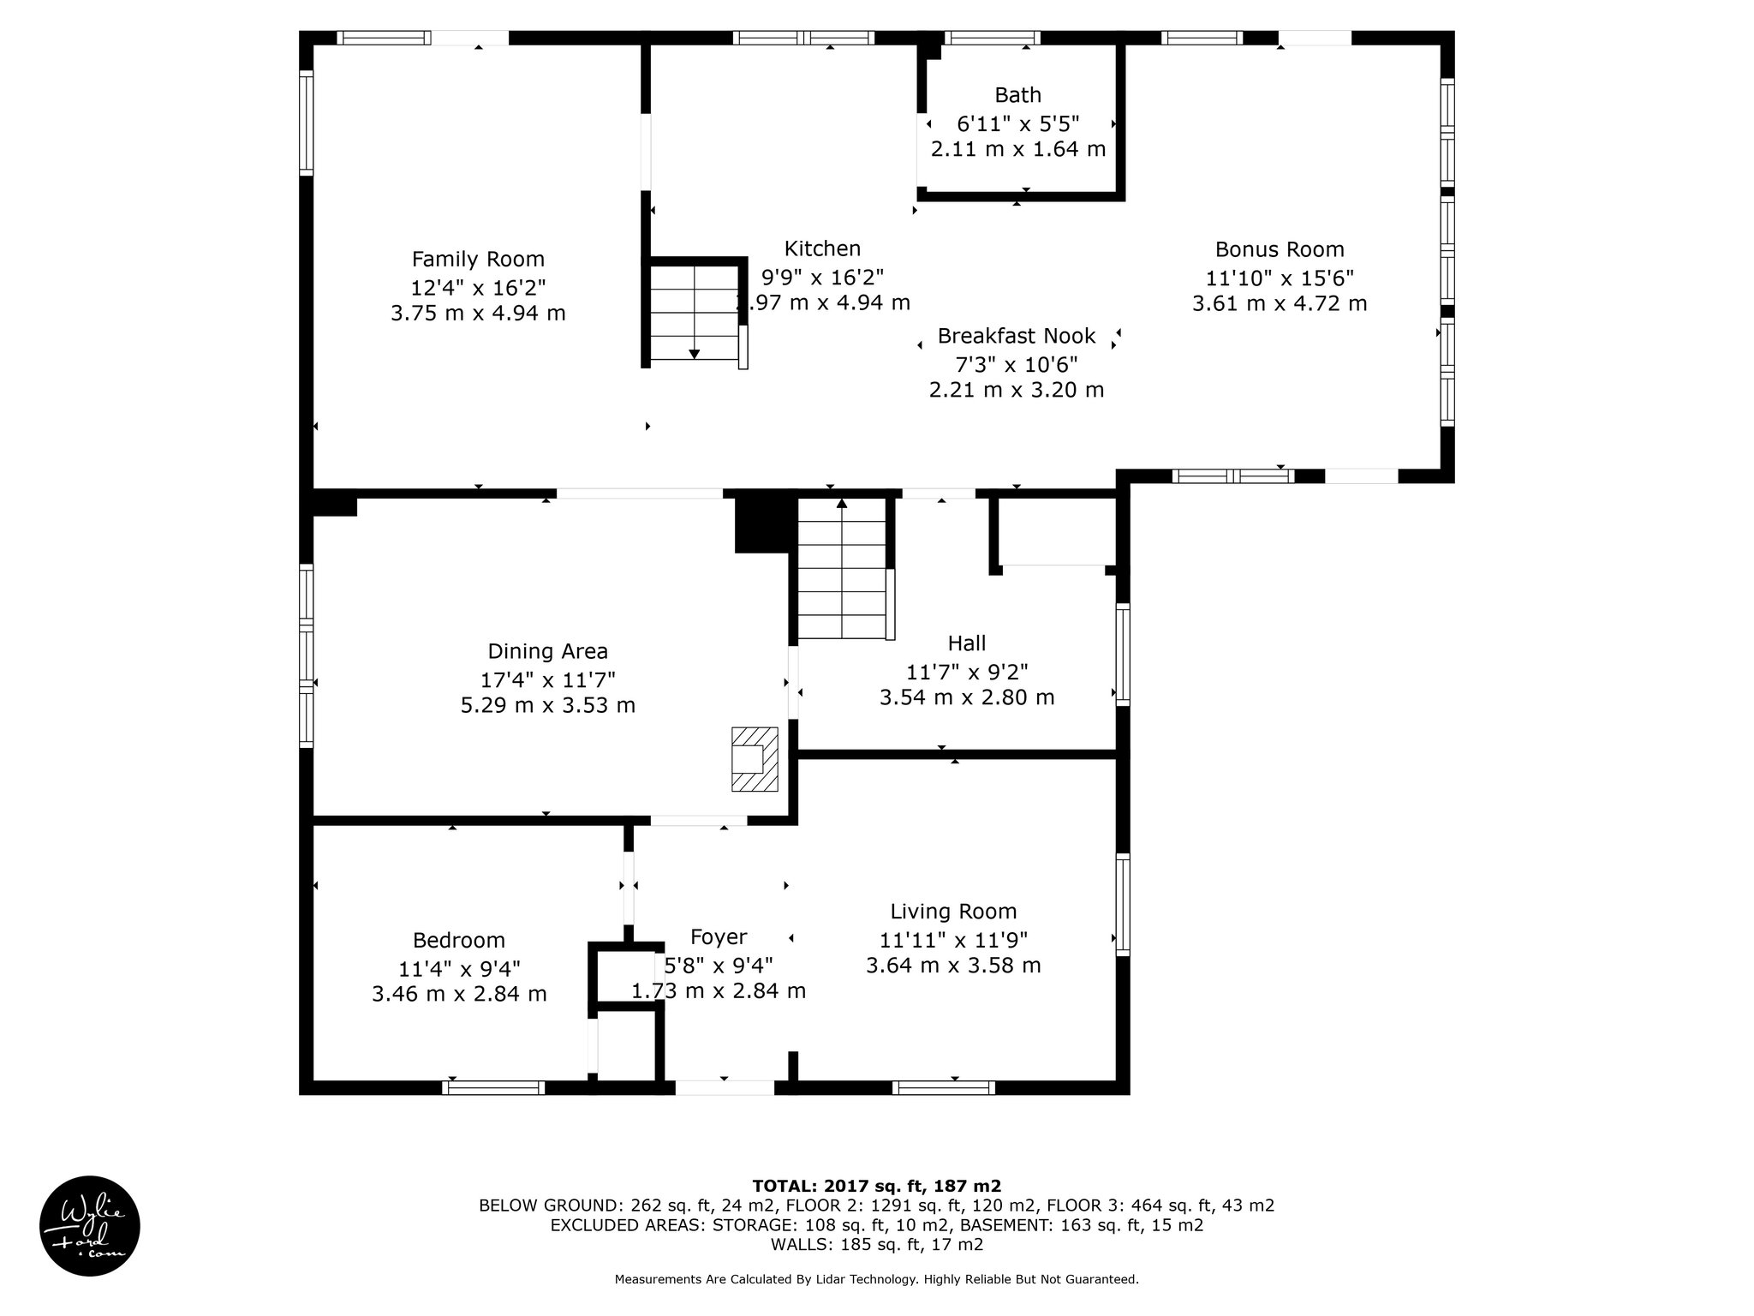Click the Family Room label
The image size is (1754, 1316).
478,259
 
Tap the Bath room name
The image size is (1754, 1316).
1017,95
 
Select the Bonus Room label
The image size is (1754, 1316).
1280,249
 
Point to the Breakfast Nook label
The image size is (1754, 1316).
1017,336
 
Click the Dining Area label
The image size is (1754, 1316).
548,651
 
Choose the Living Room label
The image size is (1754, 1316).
953,912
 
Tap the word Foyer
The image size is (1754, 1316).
719,937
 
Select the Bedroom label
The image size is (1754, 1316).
459,941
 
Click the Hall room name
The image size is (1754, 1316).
967,643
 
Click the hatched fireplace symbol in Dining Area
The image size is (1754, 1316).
755,759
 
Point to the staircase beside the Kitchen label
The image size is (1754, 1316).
695,312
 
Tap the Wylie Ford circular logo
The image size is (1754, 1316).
90,1226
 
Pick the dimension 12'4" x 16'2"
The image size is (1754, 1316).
478,287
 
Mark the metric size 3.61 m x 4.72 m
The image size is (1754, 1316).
1280,303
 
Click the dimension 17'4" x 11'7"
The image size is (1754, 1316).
548,679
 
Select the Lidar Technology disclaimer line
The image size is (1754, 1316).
877,1279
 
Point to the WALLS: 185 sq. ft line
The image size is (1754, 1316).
877,1245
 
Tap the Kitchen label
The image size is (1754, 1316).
822,248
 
